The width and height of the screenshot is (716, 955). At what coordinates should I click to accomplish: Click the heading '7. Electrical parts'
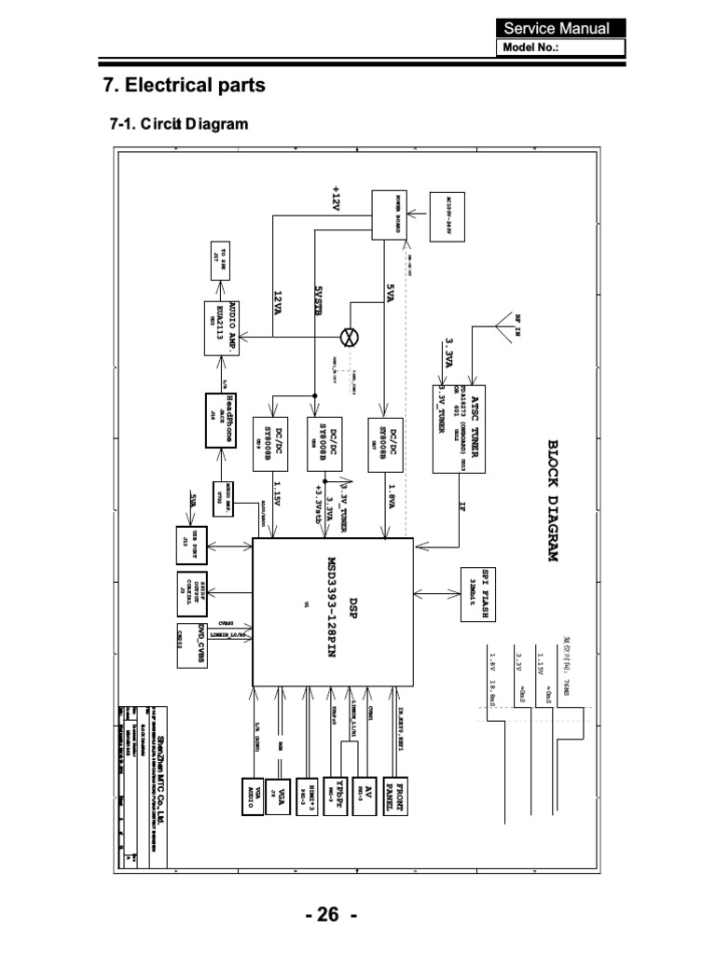pyautogui.click(x=184, y=86)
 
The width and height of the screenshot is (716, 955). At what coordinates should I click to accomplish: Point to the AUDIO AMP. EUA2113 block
pyautogui.click(x=223, y=328)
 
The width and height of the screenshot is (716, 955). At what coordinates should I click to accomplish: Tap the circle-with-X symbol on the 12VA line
pyautogui.click(x=351, y=334)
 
